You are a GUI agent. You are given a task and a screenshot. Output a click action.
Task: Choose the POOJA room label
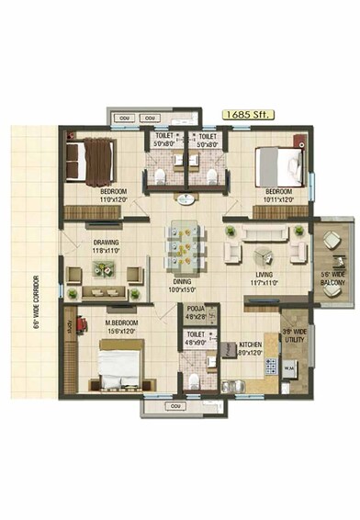tap(196, 310)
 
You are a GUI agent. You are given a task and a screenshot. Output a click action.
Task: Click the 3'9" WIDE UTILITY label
tap(295, 337)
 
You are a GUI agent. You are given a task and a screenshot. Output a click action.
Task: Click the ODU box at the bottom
tap(171, 403)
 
